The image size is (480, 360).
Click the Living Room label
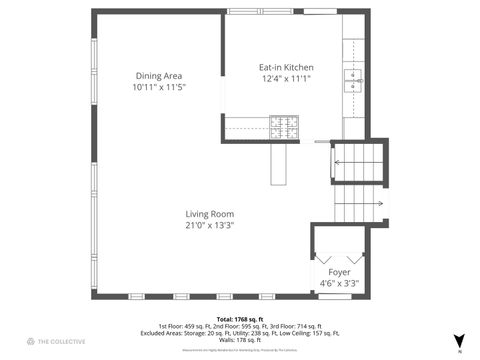point(209,214)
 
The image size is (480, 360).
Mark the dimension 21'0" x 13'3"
point(209,226)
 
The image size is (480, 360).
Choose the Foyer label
point(339,272)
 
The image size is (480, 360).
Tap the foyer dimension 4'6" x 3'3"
point(339,284)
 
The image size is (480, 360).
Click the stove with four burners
point(283,126)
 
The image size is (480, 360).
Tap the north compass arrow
point(459,341)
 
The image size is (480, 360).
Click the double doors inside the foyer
point(338,256)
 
